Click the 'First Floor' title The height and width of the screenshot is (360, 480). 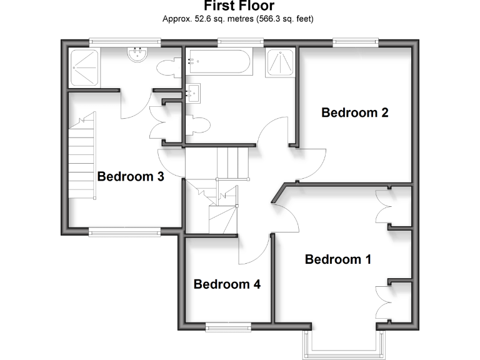(x=239, y=6)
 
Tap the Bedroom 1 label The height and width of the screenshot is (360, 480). (x=338, y=259)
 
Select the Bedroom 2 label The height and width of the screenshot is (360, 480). (x=355, y=113)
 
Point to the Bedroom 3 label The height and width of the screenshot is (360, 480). (x=131, y=177)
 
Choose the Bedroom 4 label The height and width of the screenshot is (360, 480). (x=227, y=284)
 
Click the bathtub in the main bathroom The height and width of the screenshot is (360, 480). (x=218, y=62)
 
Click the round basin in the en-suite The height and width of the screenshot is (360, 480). (x=137, y=56)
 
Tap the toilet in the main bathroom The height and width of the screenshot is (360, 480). (x=196, y=126)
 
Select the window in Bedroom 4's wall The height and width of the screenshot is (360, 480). (x=227, y=326)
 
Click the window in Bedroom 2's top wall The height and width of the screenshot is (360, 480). (x=356, y=42)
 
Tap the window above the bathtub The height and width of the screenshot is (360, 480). (x=240, y=42)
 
